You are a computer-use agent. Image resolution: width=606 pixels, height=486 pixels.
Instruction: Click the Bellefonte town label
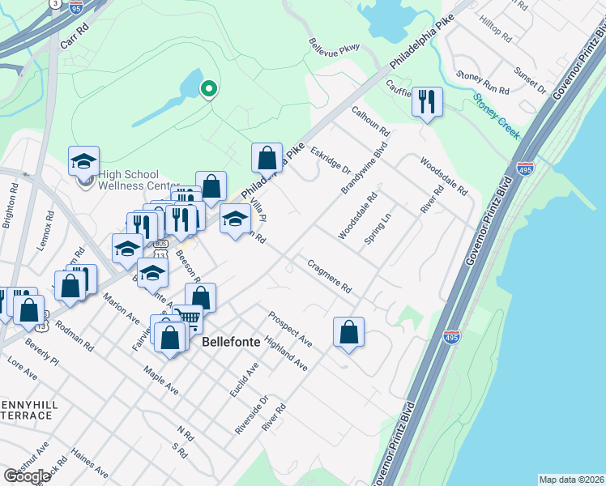(x=231, y=342)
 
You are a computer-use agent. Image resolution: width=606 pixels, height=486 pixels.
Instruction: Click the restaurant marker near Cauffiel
(x=427, y=102)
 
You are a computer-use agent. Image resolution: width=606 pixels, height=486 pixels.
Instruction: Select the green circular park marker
(x=208, y=89)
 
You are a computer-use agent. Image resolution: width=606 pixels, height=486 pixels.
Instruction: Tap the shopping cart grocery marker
(x=187, y=318)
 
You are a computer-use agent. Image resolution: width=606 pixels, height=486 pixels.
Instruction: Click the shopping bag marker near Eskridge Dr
(x=267, y=158)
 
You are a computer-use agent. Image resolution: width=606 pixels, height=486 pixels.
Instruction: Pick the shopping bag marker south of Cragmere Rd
(x=348, y=331)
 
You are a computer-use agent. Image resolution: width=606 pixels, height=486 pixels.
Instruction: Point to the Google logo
(x=27, y=476)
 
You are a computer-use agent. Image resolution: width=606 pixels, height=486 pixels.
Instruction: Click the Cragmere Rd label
(x=328, y=276)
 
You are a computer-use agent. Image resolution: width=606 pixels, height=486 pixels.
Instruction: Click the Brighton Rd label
(x=11, y=210)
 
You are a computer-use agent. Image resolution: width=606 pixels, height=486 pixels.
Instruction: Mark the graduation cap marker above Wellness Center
(x=83, y=161)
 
